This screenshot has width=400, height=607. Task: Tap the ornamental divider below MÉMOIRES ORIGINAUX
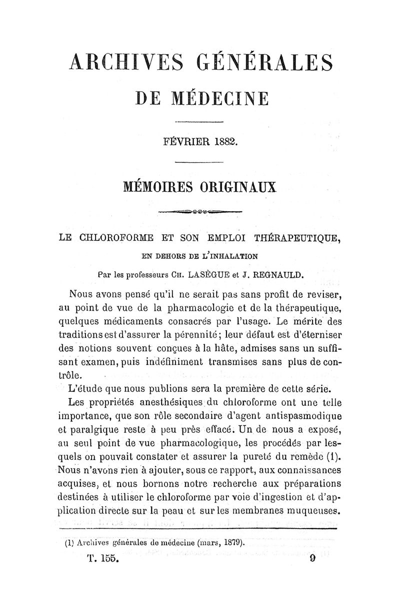coord(200,211)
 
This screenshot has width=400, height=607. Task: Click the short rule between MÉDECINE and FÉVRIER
coord(199,123)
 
